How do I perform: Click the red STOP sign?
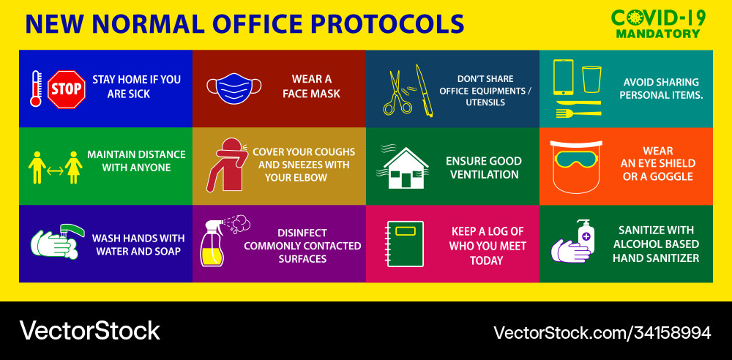tap(67, 90)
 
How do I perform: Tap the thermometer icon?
tap(35, 89)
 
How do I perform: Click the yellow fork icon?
tap(578, 113)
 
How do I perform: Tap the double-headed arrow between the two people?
tap(55, 170)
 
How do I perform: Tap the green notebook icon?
tap(404, 244)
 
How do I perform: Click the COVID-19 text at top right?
tap(658, 18)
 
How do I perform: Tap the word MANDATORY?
tap(657, 34)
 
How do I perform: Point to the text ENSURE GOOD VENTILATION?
tap(484, 168)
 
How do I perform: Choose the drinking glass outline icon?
tap(591, 78)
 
